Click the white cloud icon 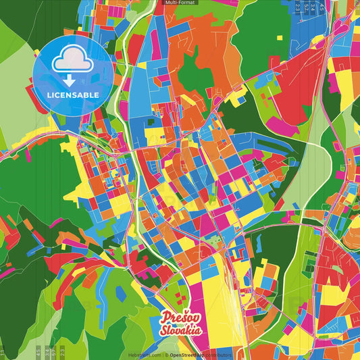click(x=72, y=61)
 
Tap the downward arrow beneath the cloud click(x=72, y=78)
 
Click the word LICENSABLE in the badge click(x=72, y=95)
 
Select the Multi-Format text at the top click(x=180, y=3)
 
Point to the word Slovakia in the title click(x=180, y=330)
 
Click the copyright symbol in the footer click(x=165, y=355)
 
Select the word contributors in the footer click(x=217, y=355)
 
